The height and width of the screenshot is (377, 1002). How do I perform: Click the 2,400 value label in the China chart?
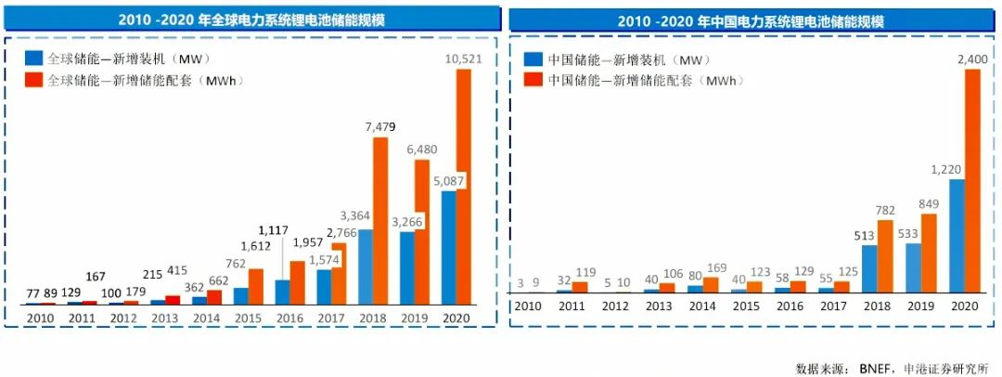972,59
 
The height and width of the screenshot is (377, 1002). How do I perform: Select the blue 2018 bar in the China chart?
869,269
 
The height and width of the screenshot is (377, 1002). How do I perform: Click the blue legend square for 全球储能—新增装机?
34,58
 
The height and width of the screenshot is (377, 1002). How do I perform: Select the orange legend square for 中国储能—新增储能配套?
532,80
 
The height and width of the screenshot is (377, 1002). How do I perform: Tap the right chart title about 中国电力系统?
751,19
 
